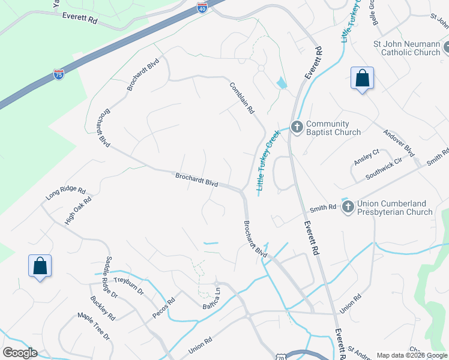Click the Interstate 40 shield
point(202,8)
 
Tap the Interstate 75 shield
point(58,74)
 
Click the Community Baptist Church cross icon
point(297,127)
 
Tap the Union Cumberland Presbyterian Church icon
point(348,207)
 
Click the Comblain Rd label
point(243,98)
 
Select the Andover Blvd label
point(399,142)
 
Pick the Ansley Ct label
point(367,157)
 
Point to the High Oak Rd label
point(78,211)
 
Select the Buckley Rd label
point(103,308)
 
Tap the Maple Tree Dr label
point(94,326)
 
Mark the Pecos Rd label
point(163,306)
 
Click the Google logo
point(19,353)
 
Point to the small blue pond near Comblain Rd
point(281,83)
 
